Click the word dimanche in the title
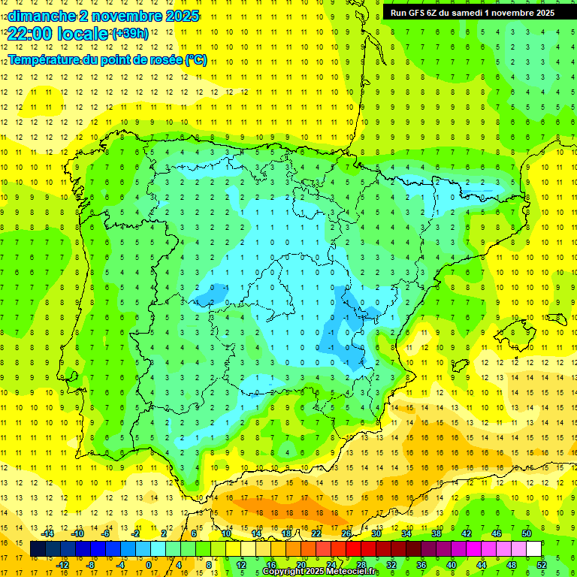pos(42,16)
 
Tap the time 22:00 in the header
pos(29,34)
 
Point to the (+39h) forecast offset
pos(129,33)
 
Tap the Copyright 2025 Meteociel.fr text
pos(319,572)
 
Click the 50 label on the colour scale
pos(526,533)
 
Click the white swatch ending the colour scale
pos(534,549)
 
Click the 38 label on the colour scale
pos(437,533)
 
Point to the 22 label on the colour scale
pos(316,533)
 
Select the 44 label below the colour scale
pos(482,565)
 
